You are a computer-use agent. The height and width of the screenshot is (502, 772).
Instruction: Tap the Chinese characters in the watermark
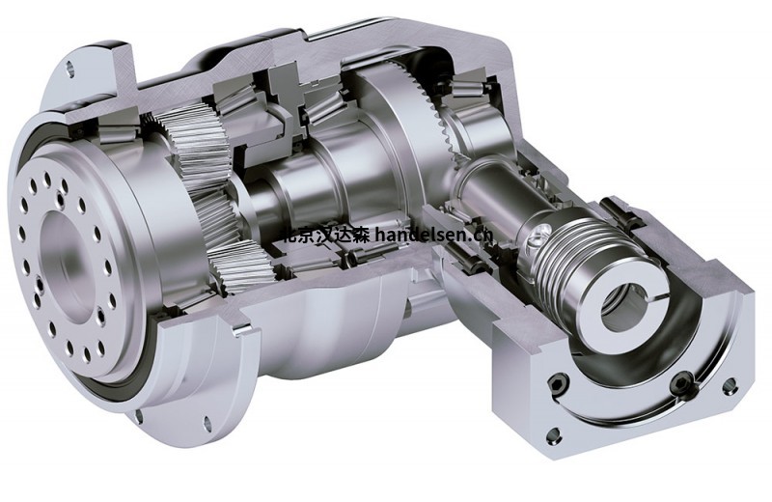click(322, 233)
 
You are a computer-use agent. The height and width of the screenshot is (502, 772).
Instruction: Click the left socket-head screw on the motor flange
click(557, 383)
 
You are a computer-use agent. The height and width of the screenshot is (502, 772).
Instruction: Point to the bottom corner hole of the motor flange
click(552, 433)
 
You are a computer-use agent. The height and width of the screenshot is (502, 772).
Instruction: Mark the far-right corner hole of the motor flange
click(730, 385)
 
